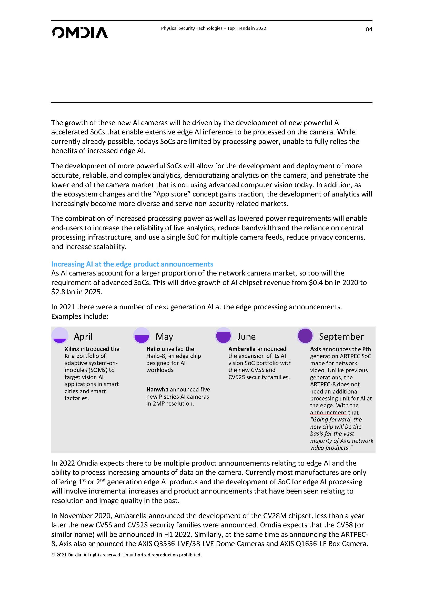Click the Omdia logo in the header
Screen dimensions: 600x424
pyautogui.click(x=80, y=32)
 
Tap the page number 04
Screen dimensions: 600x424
pyautogui.click(x=369, y=29)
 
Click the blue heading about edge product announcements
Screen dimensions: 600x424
pyautogui.click(x=132, y=264)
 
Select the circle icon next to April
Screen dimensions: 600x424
pyautogui.click(x=60, y=336)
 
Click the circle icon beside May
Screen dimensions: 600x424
pyautogui.click(x=142, y=336)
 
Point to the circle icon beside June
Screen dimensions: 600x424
pyautogui.click(x=223, y=336)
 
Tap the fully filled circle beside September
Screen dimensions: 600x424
pyautogui.click(x=305, y=336)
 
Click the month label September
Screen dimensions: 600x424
pyautogui.click(x=341, y=337)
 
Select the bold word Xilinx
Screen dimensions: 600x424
pyautogui.click(x=72, y=349)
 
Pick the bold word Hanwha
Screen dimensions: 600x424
pyautogui.click(x=157, y=389)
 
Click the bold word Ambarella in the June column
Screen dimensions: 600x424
pyautogui.click(x=242, y=349)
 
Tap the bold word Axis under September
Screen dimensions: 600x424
pyautogui.click(x=315, y=349)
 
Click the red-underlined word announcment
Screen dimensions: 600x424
pyautogui.click(x=328, y=412)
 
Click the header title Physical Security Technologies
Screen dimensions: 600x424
pyautogui.click(x=192, y=28)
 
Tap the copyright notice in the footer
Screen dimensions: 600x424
pyautogui.click(x=127, y=555)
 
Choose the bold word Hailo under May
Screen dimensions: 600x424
pyautogui.click(x=153, y=349)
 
